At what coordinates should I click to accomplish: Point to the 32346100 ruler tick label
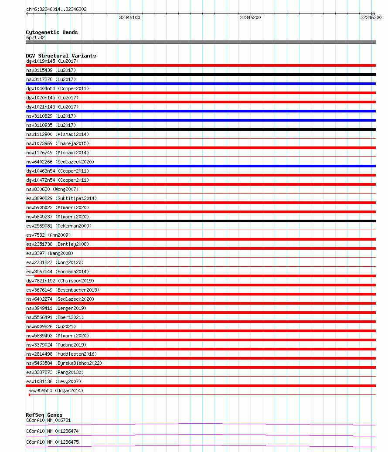pyautogui.click(x=129, y=17)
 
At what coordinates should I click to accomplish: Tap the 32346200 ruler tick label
pyautogui.click(x=250, y=17)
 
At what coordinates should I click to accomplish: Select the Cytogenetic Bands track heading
pyautogui.click(x=52, y=32)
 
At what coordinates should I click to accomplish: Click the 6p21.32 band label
pyautogui.click(x=35, y=37)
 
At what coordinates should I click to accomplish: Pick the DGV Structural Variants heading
pyautogui.click(x=61, y=56)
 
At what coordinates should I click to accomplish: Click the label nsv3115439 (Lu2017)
pyautogui.click(x=51, y=70)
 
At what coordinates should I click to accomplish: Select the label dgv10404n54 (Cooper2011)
pyautogui.click(x=58, y=88)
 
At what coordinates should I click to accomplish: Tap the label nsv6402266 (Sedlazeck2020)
pyautogui.click(x=60, y=162)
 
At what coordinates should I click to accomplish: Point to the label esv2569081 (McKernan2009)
pyautogui.click(x=59, y=226)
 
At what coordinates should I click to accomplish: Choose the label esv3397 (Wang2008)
pyautogui.click(x=50, y=253)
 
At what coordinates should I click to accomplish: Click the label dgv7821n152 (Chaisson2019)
pyautogui.click(x=60, y=281)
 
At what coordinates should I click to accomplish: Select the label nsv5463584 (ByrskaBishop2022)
pyautogui.click(x=64, y=363)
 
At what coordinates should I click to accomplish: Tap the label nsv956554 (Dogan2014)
pyautogui.click(x=55, y=391)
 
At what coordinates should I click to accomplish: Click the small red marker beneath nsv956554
pyautogui.click(x=29, y=395)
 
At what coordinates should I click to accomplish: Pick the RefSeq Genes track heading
pyautogui.click(x=44, y=415)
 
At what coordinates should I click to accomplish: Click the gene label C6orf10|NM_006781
pyautogui.click(x=48, y=420)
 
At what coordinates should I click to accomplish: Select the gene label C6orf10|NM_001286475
pyautogui.click(x=52, y=442)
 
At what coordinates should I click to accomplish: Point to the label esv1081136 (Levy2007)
pyautogui.click(x=54, y=381)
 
